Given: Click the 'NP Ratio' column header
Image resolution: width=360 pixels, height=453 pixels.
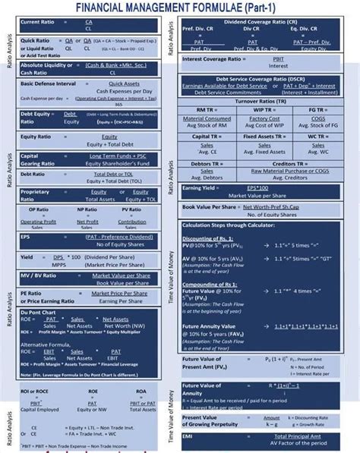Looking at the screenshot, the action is point(86,209).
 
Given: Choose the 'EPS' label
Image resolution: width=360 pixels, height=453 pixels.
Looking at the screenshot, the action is point(26,237).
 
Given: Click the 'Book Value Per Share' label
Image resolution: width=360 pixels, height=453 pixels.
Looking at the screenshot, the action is point(210,206).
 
